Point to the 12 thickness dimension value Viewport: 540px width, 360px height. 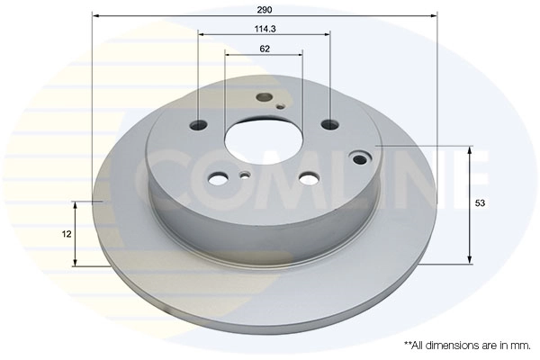67,234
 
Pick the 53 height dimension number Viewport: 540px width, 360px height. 481,204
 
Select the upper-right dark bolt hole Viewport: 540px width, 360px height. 329,124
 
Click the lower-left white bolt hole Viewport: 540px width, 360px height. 218,177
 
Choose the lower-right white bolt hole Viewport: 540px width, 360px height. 309,177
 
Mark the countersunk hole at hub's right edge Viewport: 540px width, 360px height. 361,159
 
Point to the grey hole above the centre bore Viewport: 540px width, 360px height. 264,97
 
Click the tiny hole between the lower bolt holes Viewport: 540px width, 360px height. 245,175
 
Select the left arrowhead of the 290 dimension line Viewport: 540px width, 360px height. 95,16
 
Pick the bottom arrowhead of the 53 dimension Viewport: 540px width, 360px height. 470,260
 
